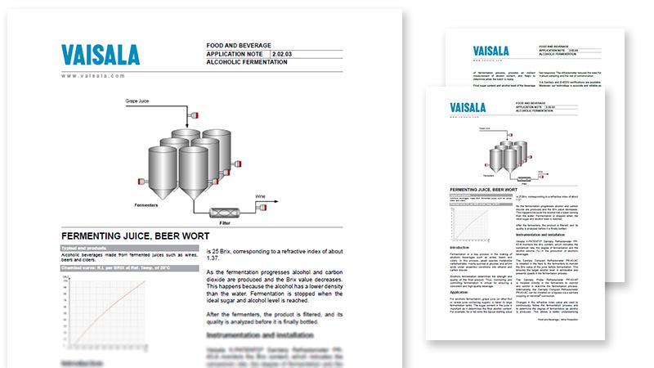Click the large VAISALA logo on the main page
(x=103, y=54)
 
